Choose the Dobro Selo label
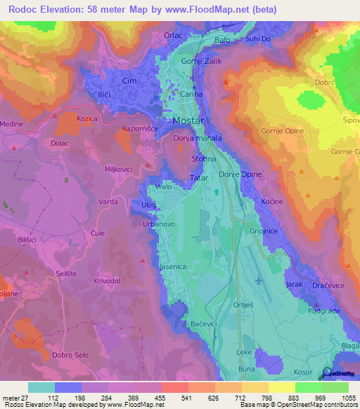70,355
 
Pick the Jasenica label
172,267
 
